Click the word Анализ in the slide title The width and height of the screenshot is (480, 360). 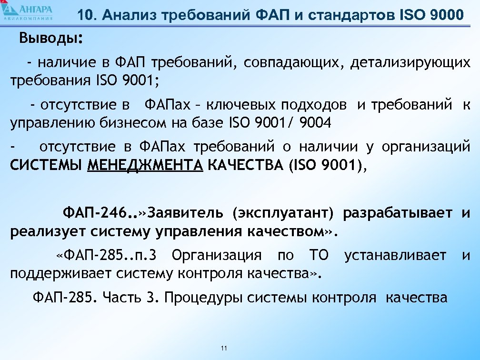[129, 15]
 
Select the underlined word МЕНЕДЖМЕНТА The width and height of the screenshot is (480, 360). [146, 165]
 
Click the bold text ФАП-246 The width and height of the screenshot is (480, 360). [97, 212]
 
